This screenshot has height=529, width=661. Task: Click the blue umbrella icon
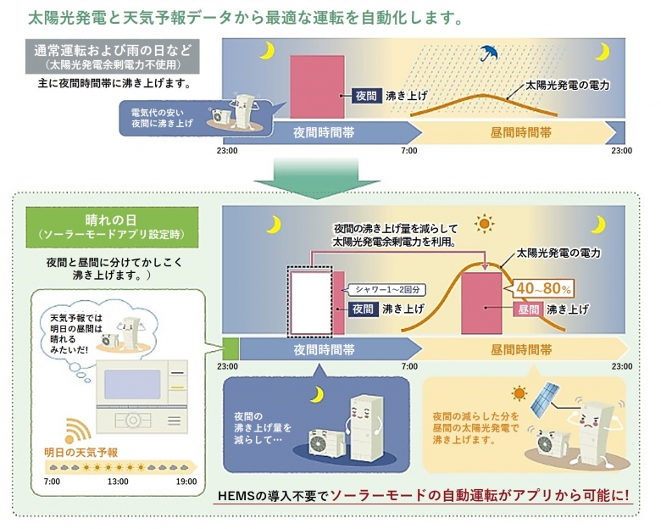click(487, 53)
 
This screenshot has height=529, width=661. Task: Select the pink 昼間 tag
click(529, 309)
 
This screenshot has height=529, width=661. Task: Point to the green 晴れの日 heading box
click(113, 223)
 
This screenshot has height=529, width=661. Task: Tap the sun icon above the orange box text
click(519, 393)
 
